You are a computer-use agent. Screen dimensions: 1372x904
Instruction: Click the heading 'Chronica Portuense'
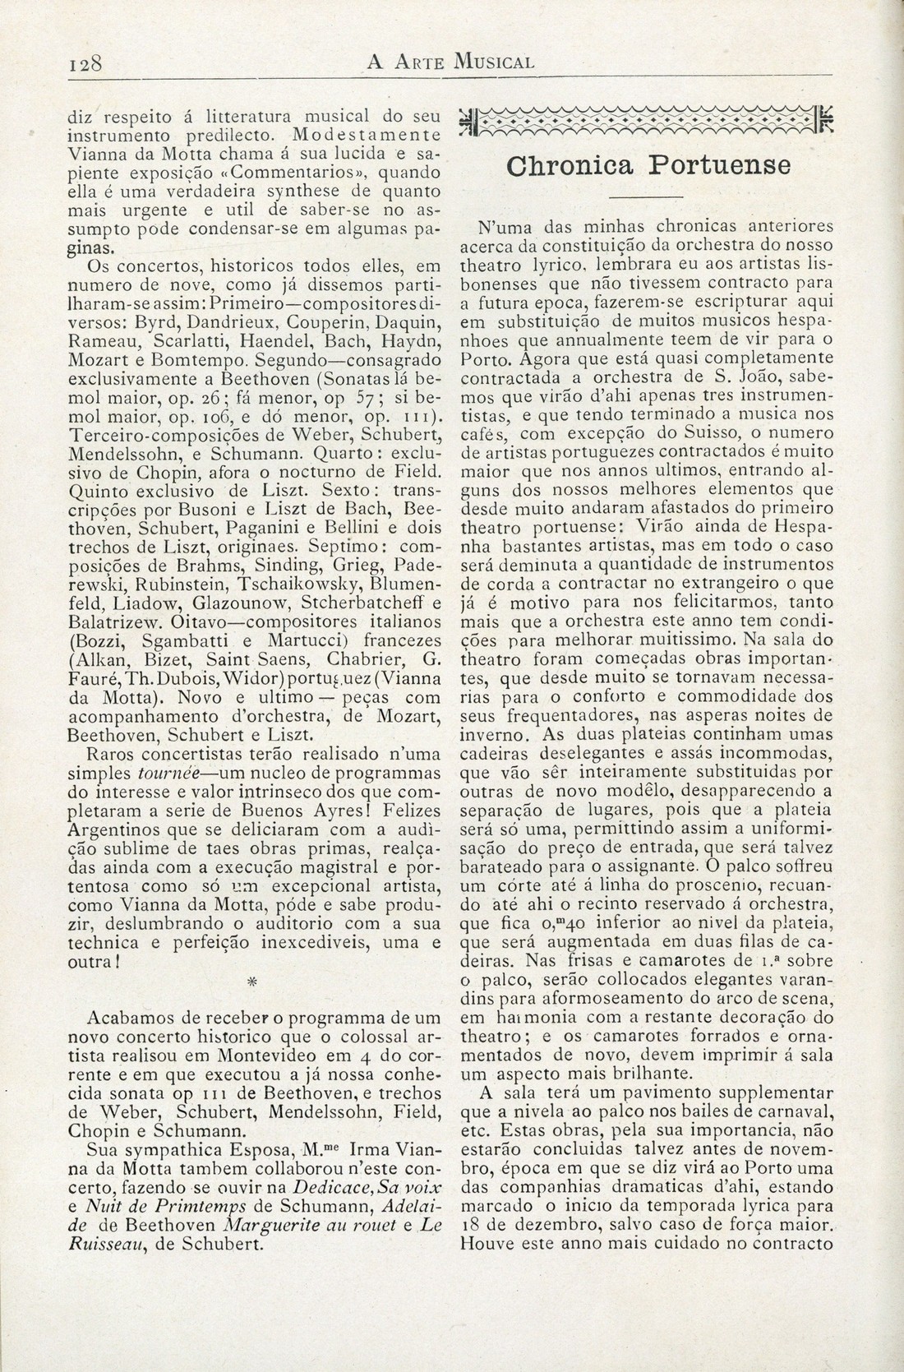(648, 165)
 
